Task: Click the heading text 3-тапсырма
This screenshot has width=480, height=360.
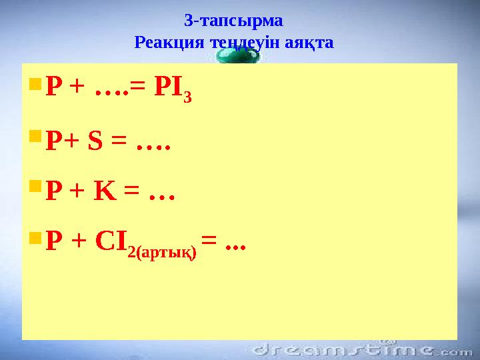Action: [x=233, y=20]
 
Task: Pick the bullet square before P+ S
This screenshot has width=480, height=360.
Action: [x=35, y=138]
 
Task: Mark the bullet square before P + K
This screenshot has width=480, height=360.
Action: [x=35, y=192]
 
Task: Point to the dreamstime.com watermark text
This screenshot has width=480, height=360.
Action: [x=360, y=349]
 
